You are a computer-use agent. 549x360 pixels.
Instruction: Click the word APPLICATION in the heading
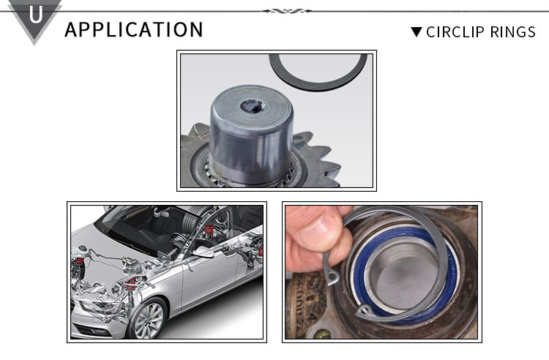tap(134, 29)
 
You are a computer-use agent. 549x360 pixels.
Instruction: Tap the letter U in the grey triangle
tap(35, 15)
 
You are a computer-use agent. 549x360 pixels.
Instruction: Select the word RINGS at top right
tap(512, 32)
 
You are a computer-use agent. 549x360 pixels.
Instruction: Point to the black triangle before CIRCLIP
tap(417, 32)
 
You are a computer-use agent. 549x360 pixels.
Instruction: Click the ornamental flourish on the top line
tap(287, 11)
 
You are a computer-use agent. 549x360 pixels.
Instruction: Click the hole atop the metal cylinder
tap(253, 105)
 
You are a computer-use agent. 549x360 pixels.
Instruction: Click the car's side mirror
tap(202, 252)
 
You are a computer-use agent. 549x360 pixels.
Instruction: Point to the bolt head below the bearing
tap(323, 335)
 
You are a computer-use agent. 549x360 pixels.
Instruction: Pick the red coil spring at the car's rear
tap(209, 230)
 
